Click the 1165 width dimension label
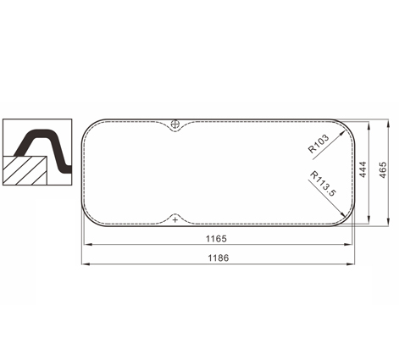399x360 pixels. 216,239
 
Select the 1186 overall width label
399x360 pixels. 219,258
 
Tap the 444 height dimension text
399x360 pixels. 363,169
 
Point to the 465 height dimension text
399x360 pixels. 383,169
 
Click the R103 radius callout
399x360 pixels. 319,143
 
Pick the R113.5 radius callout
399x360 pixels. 324,184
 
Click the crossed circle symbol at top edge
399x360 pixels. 175,124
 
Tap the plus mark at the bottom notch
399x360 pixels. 175,219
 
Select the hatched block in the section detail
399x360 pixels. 25,170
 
